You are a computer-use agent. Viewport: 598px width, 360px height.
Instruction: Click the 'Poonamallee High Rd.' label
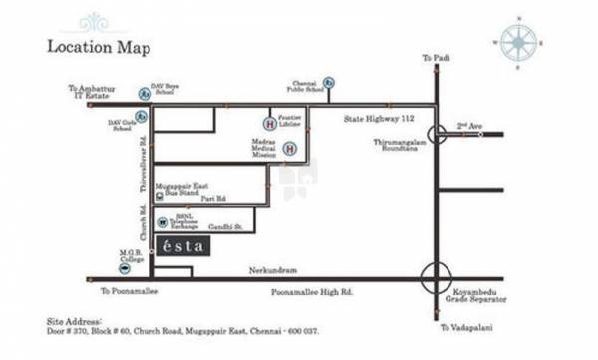tap(312, 292)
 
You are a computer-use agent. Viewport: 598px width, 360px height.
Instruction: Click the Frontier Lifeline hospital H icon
tap(268, 124)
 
